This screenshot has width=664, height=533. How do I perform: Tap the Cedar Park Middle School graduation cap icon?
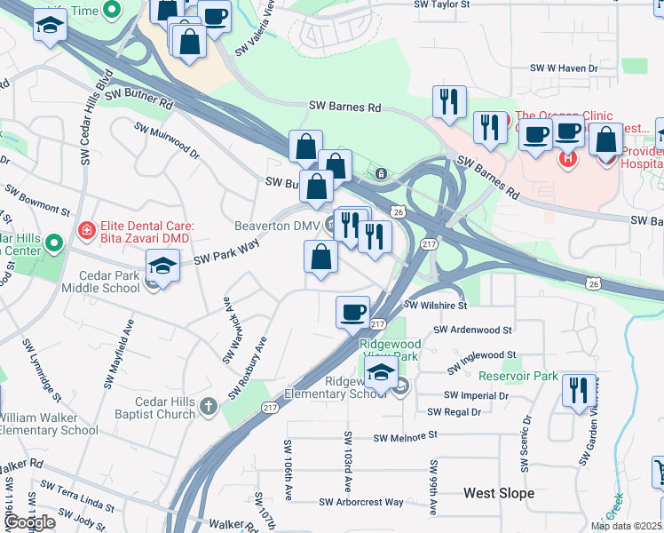tap(163, 266)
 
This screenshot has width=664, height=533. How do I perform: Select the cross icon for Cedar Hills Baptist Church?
tap(208, 407)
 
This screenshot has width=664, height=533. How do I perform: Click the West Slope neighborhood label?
tap(499, 493)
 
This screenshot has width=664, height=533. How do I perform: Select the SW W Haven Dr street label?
tap(565, 68)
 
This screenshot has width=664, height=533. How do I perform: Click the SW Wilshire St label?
tap(435, 305)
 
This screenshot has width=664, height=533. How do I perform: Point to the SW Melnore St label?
tap(406, 436)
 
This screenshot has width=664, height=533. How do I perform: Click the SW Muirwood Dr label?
tap(167, 141)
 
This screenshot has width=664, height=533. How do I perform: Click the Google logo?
tap(29, 523)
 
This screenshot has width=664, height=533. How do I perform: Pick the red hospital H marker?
tap(567, 160)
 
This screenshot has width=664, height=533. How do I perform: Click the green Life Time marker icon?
tap(111, 10)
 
